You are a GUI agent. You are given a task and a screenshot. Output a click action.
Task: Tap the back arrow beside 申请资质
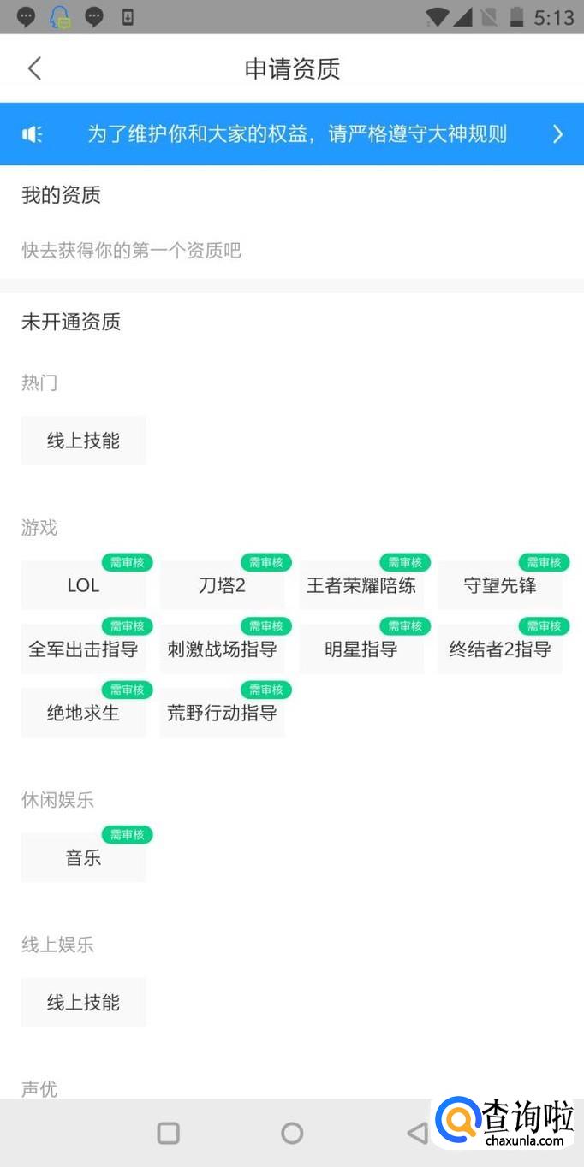pos(34,68)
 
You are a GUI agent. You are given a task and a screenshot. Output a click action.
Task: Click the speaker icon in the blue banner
pos(32,134)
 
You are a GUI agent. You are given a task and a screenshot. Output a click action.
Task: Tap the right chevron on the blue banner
pos(557,134)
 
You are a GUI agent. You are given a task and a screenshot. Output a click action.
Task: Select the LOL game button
pos(83,585)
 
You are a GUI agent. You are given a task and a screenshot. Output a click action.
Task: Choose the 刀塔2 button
pos(222,585)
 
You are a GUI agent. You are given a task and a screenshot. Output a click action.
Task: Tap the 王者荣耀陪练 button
pos(361,585)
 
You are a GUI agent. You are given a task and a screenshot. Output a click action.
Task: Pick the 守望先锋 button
pos(500,585)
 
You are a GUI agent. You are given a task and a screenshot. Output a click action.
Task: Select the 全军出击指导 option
pos(83,649)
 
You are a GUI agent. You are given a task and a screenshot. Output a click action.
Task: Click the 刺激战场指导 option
pos(222,649)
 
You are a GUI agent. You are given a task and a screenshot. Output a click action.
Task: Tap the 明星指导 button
pos(361,649)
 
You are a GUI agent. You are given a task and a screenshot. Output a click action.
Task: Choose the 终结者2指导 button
pos(500,649)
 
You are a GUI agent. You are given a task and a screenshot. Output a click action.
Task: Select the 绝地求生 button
pos(83,712)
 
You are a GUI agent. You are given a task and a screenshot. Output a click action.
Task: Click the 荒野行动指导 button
pos(222,712)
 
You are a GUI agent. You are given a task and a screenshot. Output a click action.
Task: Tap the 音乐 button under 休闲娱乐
pos(83,857)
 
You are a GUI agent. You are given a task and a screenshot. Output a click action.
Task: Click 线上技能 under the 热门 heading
pos(83,441)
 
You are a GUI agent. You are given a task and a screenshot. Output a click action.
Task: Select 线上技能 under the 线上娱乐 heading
pos(83,1002)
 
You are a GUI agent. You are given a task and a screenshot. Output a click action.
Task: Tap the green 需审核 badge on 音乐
pos(128,835)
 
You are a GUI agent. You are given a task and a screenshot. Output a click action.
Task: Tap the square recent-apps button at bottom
pos(169,1133)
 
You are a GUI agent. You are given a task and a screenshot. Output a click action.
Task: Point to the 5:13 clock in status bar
pos(553,18)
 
